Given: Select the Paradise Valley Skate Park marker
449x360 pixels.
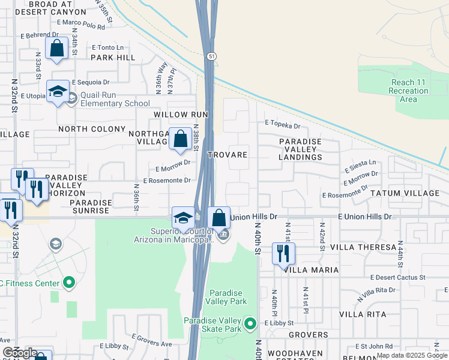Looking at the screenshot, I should [x=251, y=325].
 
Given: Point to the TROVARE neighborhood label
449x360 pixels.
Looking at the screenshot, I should [x=228, y=155].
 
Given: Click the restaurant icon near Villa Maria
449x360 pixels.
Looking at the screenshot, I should [x=282, y=253].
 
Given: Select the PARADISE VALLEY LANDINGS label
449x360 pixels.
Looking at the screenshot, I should [x=300, y=149].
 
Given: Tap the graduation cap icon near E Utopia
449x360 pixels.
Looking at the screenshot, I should [x=58, y=92].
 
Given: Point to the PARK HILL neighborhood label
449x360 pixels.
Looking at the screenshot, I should [x=113, y=58].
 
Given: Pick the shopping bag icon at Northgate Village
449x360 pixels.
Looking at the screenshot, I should [x=180, y=139].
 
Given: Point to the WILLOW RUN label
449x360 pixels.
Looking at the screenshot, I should [x=181, y=114].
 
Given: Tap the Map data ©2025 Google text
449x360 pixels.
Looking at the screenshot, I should [x=411, y=355].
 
